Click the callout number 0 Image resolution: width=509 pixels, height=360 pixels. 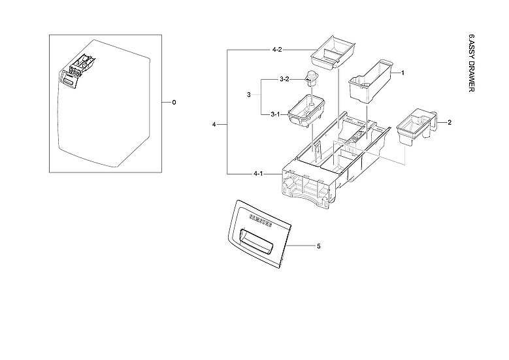pos(174,103)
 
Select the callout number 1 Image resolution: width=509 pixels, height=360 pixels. pos(402,73)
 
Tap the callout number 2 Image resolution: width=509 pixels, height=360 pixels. pos(449,122)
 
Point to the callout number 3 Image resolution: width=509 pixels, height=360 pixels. pos(249,96)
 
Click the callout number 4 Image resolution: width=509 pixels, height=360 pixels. pos(214,124)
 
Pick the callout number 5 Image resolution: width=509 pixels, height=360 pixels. pos(318,246)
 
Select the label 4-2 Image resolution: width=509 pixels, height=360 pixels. pos(276,50)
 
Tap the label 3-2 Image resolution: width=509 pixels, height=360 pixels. pos(284,79)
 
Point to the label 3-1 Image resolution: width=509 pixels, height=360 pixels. pos(276,114)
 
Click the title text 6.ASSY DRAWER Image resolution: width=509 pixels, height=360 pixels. pos(472,62)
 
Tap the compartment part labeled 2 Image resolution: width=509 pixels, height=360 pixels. pos(415,126)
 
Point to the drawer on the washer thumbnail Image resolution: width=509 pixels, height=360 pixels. pos(75,72)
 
